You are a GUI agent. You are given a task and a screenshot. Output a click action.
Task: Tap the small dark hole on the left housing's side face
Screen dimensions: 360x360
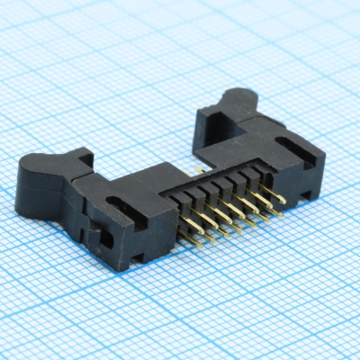coord(107,239)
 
